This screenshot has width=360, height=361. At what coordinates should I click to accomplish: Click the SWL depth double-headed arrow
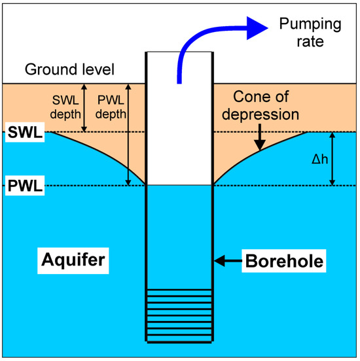pos(84,108)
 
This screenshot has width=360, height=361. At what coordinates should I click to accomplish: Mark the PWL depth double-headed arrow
pos(129,134)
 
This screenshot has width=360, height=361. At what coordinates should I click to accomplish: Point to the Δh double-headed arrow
pos(333,159)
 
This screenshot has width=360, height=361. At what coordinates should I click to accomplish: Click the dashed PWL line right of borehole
pos(281,186)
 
